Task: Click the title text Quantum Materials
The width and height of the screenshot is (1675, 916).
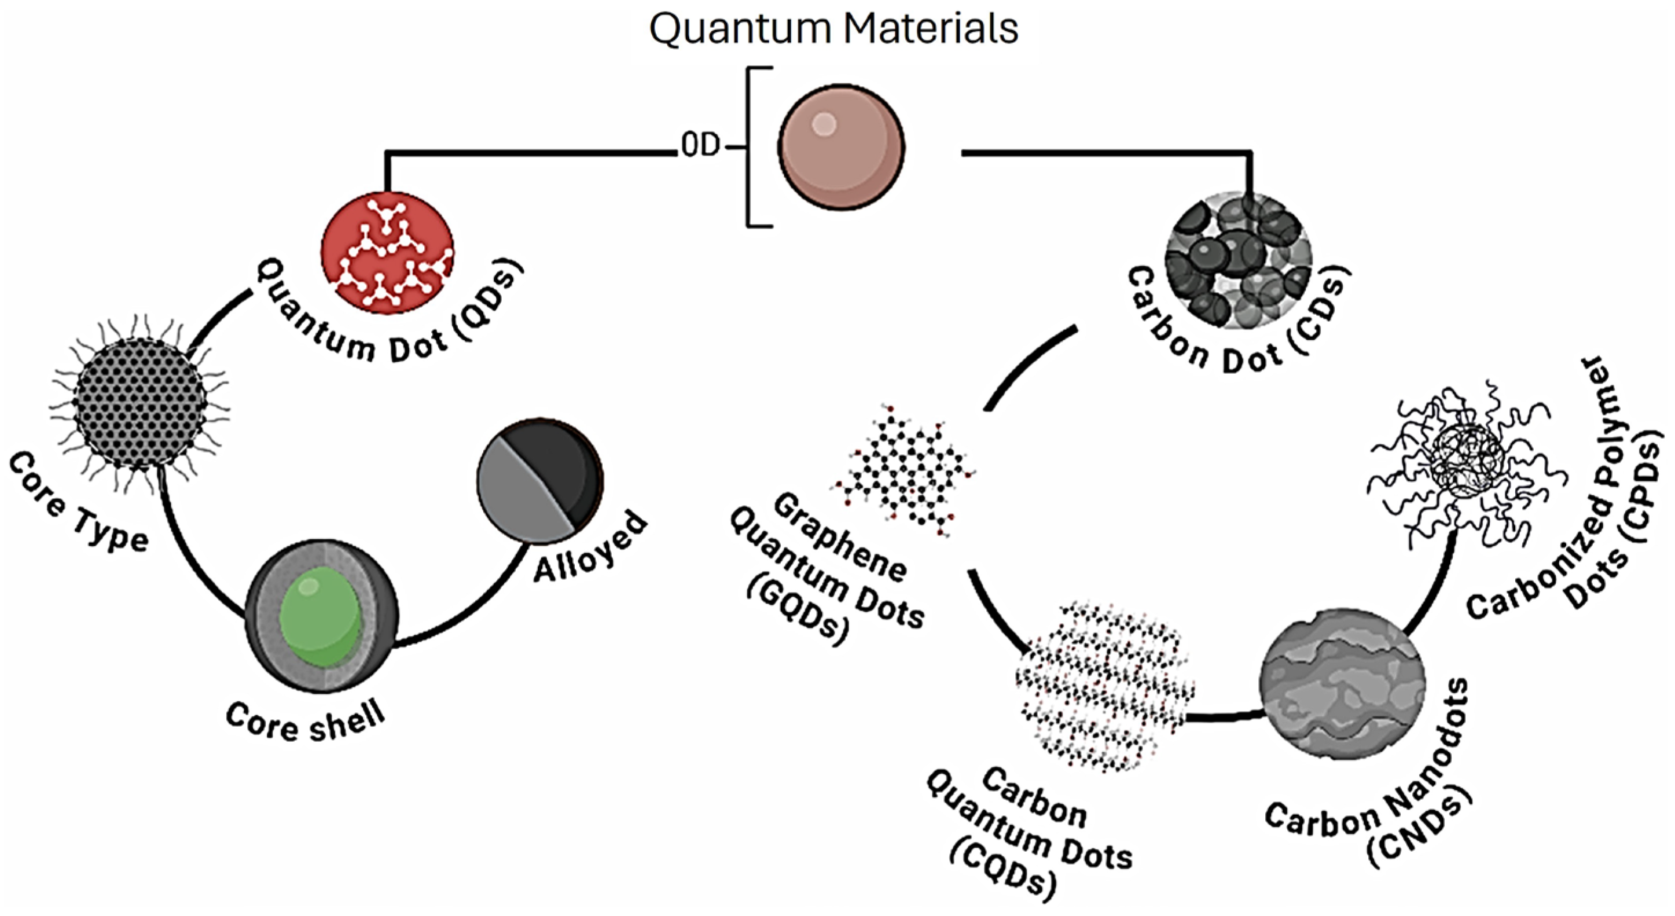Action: [833, 30]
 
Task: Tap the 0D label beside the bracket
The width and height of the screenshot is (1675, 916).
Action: [700, 147]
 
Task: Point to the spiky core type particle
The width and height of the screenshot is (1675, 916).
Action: [141, 404]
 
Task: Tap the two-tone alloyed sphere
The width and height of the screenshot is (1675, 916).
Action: [539, 480]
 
